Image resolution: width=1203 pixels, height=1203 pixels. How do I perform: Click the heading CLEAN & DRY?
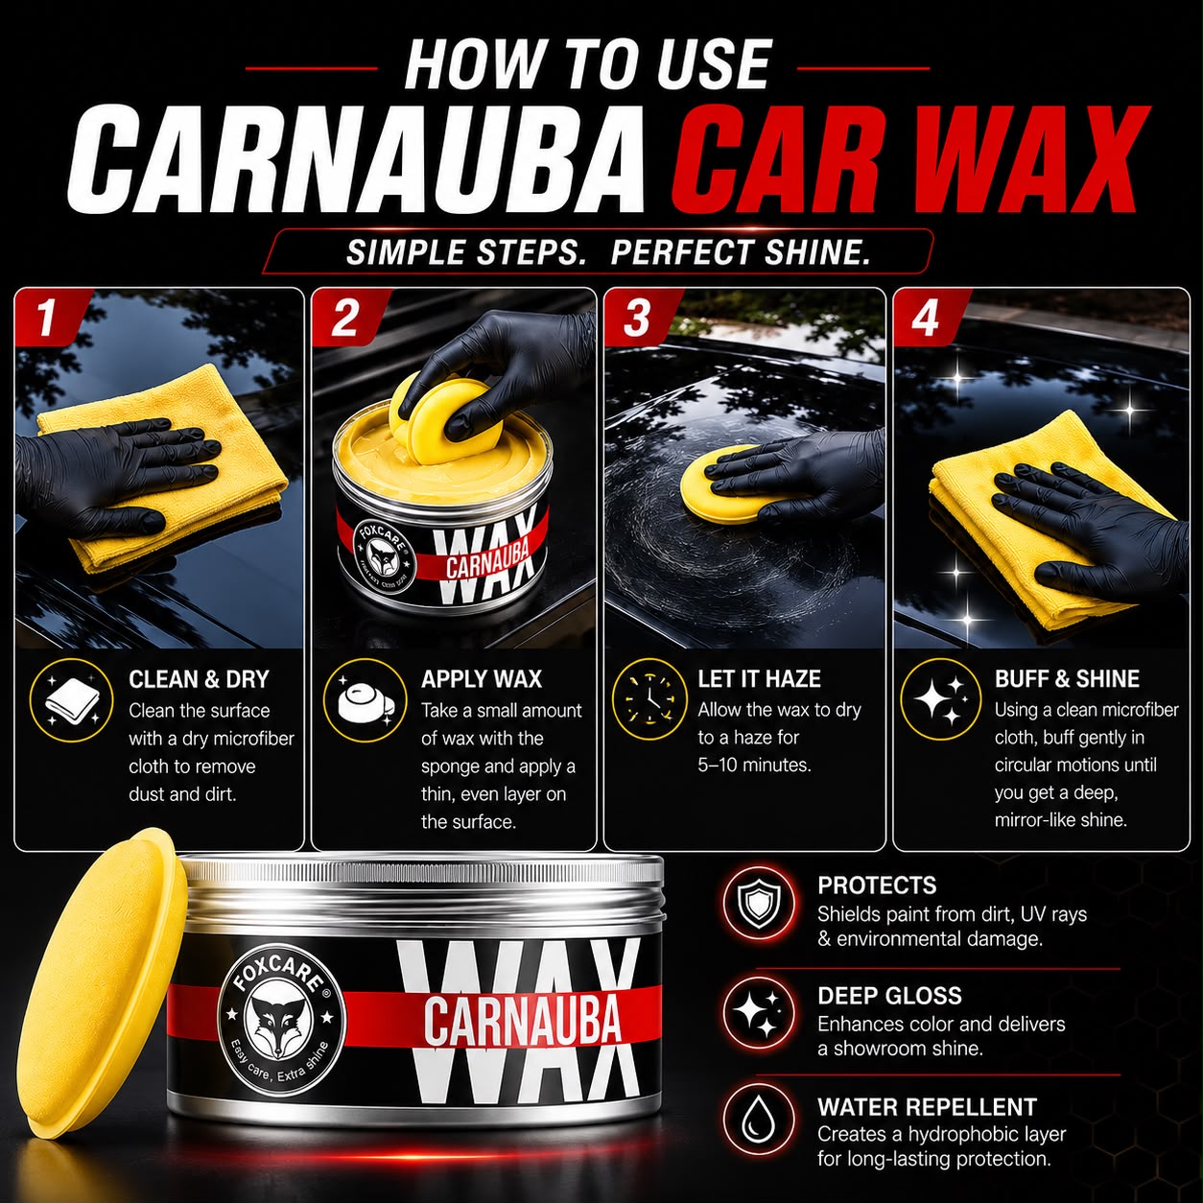coord(199,679)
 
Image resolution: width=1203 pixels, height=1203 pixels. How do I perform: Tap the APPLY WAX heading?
coord(482,679)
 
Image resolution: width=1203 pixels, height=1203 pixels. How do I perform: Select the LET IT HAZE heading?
coord(759,678)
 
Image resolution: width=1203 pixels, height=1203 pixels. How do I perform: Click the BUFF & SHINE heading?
coord(1067,678)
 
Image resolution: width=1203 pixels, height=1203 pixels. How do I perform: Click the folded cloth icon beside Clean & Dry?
coord(72,701)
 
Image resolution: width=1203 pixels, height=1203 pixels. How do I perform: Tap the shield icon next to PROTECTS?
coord(759,903)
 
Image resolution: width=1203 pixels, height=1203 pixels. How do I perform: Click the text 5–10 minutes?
coord(754,766)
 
